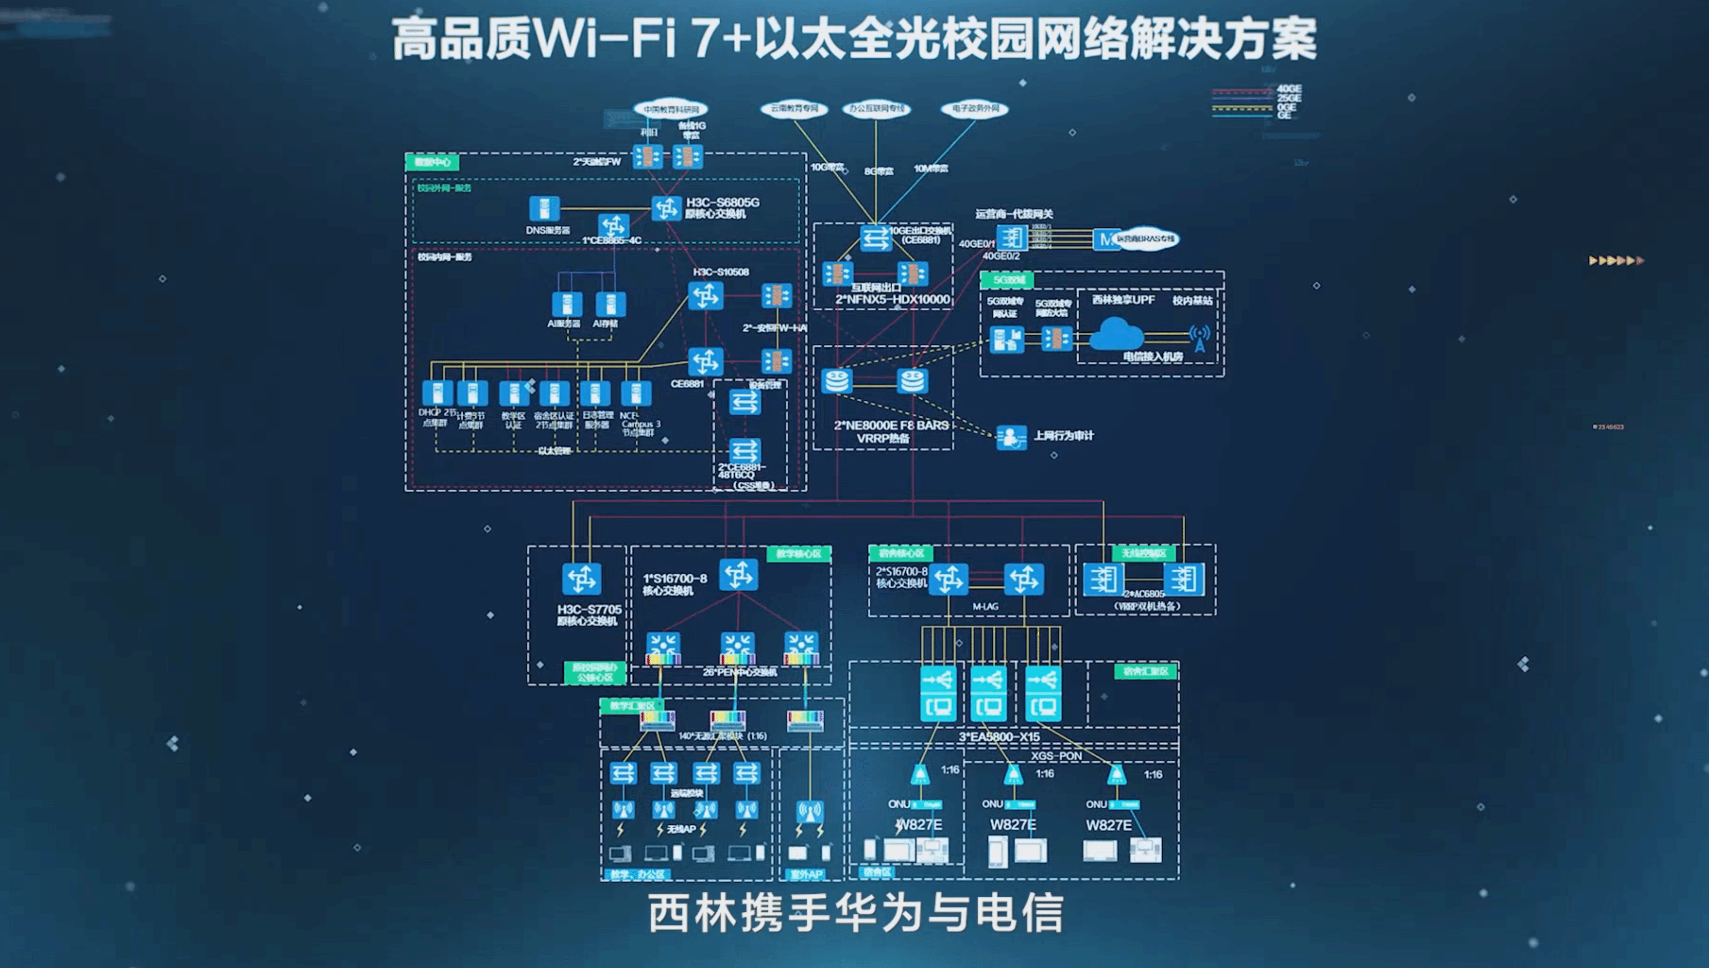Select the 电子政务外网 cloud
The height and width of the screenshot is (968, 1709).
coord(975,108)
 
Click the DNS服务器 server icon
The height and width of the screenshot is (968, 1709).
coord(544,209)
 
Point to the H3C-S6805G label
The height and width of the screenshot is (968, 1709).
coord(722,202)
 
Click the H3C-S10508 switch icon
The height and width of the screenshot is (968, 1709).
coord(705,296)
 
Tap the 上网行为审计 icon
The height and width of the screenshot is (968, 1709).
coord(1011,437)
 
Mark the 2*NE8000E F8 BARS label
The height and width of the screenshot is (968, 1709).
coord(891,425)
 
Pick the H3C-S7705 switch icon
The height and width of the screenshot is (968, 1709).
coord(581,579)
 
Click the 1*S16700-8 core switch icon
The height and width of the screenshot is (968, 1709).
coord(739,575)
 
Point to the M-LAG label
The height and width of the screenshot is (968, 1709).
coord(985,606)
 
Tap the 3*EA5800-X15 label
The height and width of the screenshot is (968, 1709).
coord(999,737)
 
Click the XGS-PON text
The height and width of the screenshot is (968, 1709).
coord(1056,756)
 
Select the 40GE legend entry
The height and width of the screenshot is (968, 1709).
coord(1288,88)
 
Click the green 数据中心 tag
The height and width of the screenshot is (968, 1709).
coord(432,162)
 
